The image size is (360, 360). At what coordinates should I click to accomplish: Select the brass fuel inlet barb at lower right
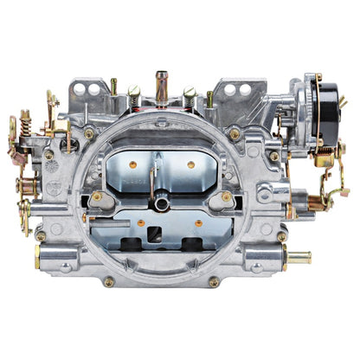coord(299,257)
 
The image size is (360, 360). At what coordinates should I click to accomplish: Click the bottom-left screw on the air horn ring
coord(108,281)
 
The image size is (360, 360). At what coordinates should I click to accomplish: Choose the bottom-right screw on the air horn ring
coord(213,281)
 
